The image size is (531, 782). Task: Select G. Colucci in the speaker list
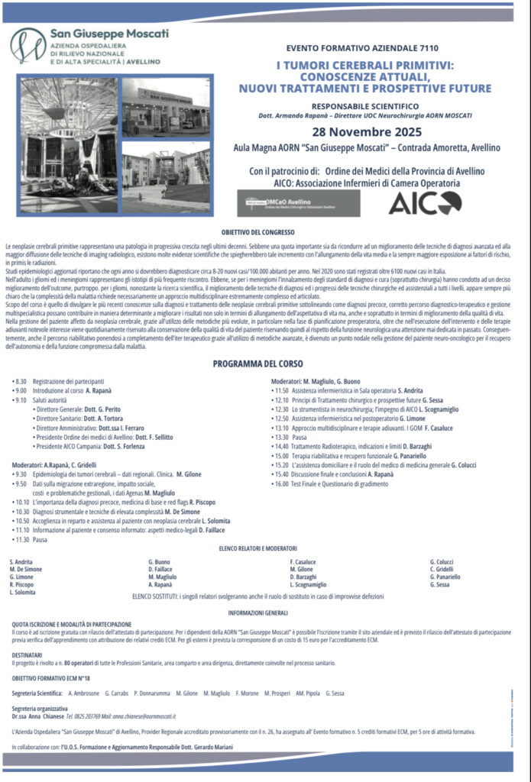click(x=443, y=561)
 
